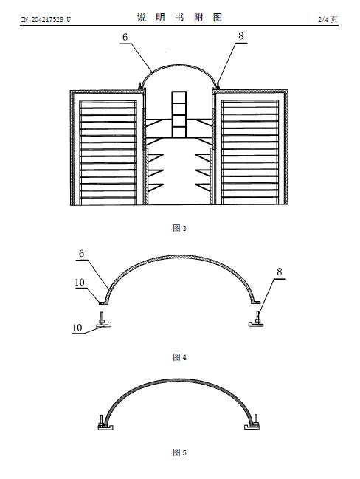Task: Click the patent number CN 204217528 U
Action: tap(46, 19)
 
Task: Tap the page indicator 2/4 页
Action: tap(328, 19)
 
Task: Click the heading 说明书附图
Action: tap(179, 18)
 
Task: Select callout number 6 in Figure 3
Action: tap(125, 37)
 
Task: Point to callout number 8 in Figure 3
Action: tap(241, 36)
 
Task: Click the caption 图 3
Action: tap(179, 228)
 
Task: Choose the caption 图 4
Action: tap(179, 357)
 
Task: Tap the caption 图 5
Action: tap(179, 452)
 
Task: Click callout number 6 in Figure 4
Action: tap(82, 254)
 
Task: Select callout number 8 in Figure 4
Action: tap(280, 272)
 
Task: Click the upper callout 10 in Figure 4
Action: tap(80, 282)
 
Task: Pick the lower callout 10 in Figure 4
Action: tap(77, 328)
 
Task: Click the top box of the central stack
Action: tap(179, 97)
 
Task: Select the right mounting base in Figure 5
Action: tap(252, 427)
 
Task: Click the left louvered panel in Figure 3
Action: tap(108, 153)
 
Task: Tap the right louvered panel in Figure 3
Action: tap(250, 152)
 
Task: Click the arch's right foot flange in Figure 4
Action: tap(256, 303)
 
